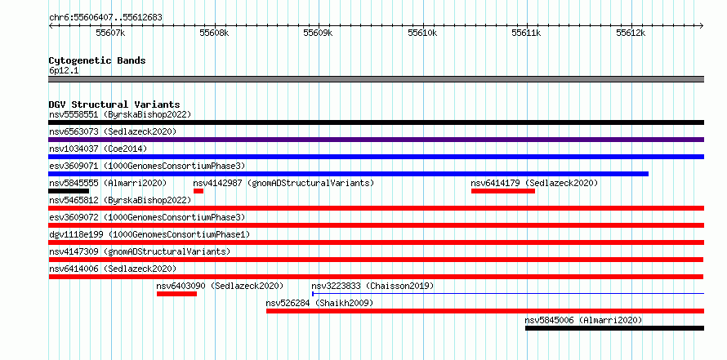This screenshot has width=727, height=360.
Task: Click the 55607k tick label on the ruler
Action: (x=110, y=33)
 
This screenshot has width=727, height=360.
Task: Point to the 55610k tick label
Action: (x=422, y=33)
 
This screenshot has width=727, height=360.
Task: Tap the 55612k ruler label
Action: (x=631, y=33)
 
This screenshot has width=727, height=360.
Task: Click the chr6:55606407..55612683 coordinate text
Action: (x=105, y=18)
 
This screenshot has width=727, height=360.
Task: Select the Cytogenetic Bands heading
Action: (x=97, y=60)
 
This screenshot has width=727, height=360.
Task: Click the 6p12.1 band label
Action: (x=63, y=71)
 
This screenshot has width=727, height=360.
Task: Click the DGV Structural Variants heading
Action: (x=114, y=104)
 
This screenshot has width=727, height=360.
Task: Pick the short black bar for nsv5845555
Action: (x=69, y=191)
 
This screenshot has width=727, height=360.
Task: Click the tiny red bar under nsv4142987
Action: (x=198, y=191)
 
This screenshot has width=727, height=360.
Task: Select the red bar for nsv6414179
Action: (x=503, y=191)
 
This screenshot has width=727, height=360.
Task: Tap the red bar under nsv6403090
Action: (x=176, y=294)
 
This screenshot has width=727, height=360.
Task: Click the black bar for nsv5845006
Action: (x=614, y=328)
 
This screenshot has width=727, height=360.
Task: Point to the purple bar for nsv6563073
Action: (x=376, y=140)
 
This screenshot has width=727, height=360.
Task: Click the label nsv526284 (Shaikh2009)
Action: (x=319, y=304)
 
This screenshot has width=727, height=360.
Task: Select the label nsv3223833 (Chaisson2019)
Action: (x=372, y=287)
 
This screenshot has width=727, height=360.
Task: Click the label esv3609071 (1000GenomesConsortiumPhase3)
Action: (x=147, y=166)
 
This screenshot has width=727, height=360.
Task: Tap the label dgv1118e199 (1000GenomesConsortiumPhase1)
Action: (x=149, y=234)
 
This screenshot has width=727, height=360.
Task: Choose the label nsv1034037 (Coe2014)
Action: (x=98, y=149)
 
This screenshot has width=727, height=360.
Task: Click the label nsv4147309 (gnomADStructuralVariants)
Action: (x=140, y=251)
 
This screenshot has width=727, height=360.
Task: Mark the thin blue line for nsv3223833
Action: (x=508, y=293)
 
